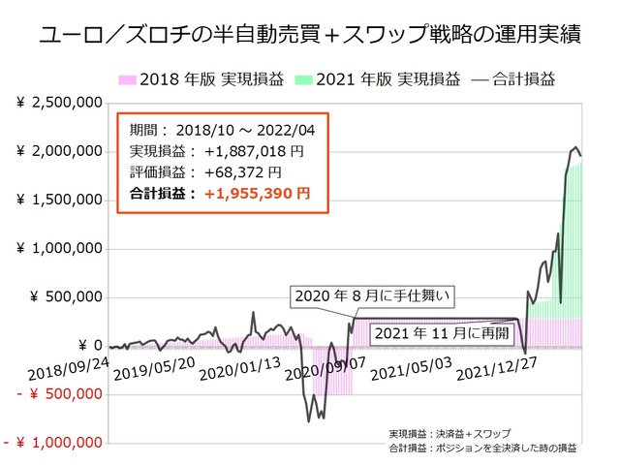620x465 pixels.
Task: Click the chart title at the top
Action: pyautogui.click(x=310, y=36)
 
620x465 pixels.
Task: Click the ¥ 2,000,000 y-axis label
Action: pyautogui.click(x=60, y=151)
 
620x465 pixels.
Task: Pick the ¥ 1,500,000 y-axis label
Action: pyautogui.click(x=60, y=200)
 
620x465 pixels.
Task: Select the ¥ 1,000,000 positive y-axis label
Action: pyautogui.click(x=60, y=248)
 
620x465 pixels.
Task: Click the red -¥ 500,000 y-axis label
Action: pyautogui.click(x=54, y=393)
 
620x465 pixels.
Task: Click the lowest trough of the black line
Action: pyautogui.click(x=309, y=421)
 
